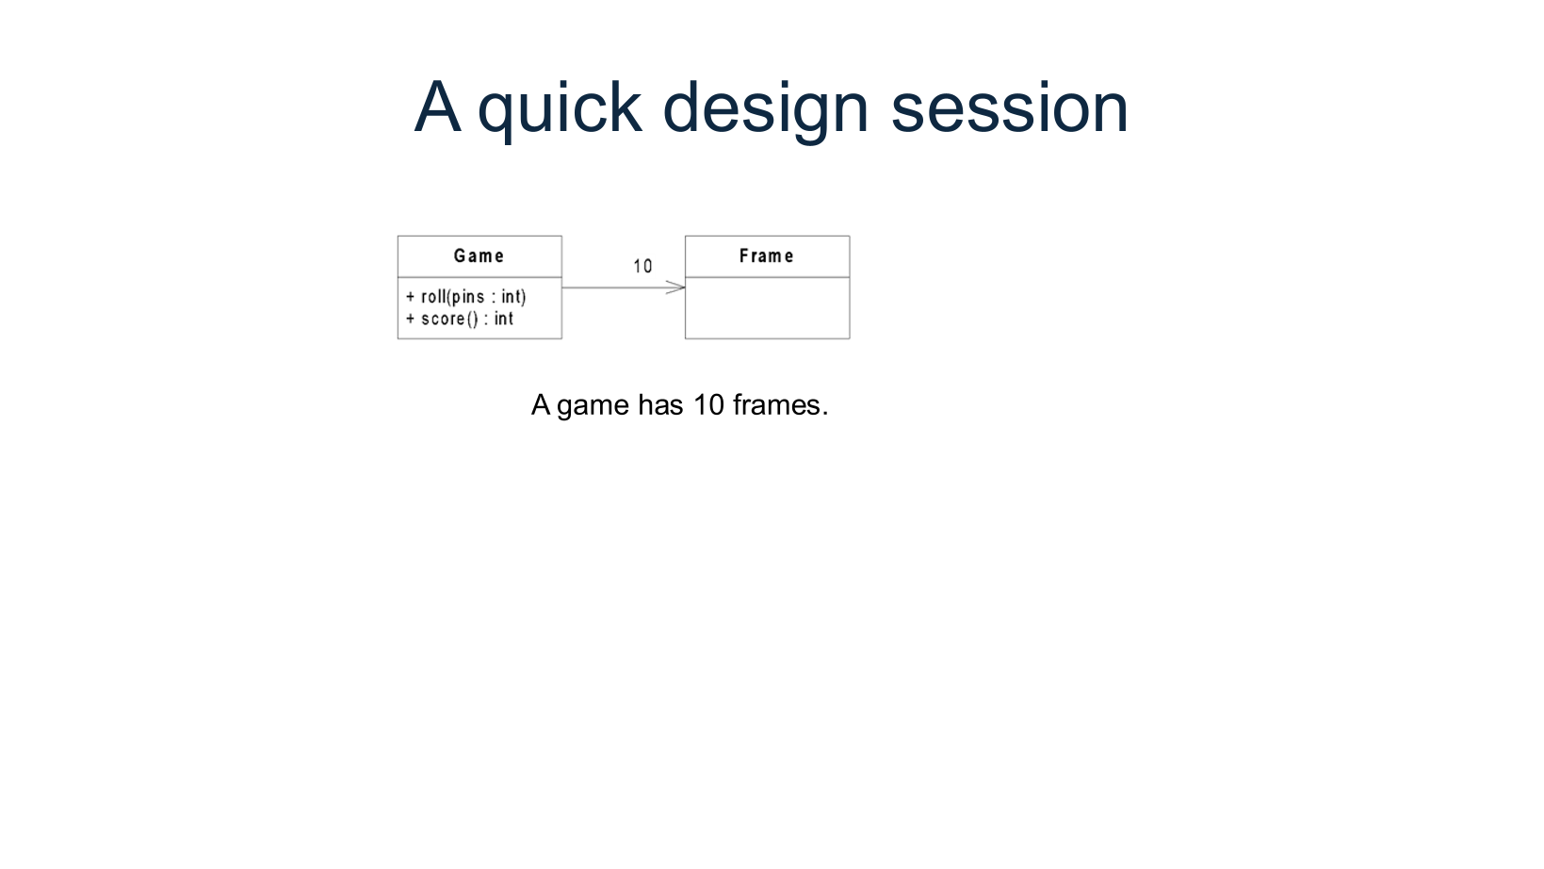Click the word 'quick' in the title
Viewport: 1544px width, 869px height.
[x=560, y=108]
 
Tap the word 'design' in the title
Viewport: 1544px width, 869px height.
[x=765, y=108]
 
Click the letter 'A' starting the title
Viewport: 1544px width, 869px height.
[x=437, y=108]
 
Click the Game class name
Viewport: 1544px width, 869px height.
[x=479, y=256]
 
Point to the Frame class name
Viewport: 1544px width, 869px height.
[x=766, y=256]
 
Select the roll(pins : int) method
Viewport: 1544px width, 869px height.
[x=473, y=297]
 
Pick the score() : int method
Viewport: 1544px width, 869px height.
[x=466, y=320]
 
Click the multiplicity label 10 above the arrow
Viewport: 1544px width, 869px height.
[x=642, y=267]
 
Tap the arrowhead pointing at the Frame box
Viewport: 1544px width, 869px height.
[x=676, y=287]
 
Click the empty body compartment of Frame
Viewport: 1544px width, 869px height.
[x=767, y=308]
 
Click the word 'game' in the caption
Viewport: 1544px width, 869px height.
[x=593, y=405]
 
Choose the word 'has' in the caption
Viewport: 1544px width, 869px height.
[x=660, y=405]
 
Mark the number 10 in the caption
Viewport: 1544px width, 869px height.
[x=708, y=405]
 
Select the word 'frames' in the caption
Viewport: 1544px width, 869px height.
[x=776, y=405]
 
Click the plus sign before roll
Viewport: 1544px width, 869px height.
[x=411, y=297]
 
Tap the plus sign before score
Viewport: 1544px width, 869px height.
[x=411, y=320]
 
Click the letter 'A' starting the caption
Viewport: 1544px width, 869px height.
[x=540, y=405]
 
